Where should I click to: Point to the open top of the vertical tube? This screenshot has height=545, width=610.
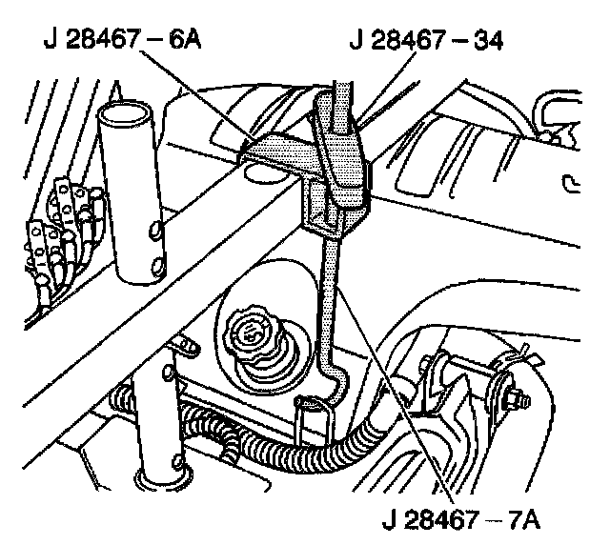pyautogui.click(x=129, y=112)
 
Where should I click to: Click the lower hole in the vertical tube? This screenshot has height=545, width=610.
pyautogui.click(x=152, y=259)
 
